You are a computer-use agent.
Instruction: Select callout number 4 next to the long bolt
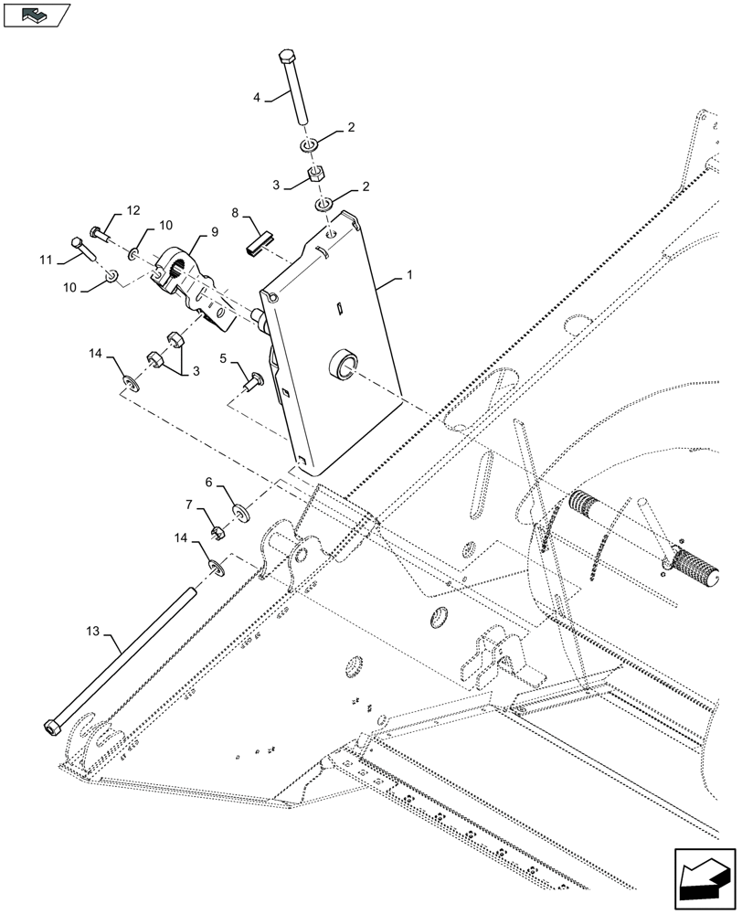coord(258,97)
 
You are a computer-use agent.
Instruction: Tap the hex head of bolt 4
coord(284,57)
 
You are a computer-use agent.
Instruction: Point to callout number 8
coord(236,214)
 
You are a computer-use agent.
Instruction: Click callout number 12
coord(133,211)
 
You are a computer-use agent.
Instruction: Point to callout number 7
coord(190,504)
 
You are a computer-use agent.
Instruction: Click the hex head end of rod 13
coord(52,728)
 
